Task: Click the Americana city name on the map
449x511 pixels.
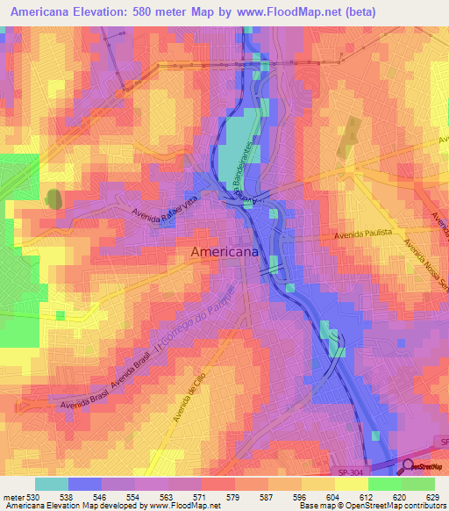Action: coord(224,252)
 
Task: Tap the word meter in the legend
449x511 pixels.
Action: coord(13,497)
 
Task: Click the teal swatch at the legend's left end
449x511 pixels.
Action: coord(51,484)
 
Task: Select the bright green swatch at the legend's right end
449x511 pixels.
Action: coord(418,484)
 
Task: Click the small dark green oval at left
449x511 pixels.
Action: coord(53,198)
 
